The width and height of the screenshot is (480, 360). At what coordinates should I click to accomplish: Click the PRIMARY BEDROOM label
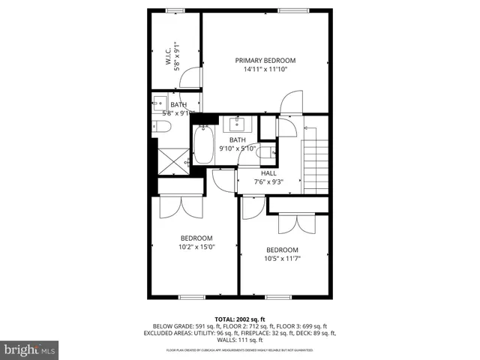point(265,61)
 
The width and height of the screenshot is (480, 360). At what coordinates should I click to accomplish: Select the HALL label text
point(268,173)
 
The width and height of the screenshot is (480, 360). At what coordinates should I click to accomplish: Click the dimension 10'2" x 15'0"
point(196,246)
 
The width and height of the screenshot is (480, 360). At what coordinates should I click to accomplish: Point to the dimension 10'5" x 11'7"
point(282,259)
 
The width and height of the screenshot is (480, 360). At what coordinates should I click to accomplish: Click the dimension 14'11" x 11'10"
point(265,70)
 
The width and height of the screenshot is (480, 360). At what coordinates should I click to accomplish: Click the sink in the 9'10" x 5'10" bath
point(237,123)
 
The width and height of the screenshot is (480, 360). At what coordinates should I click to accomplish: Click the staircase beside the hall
point(316,160)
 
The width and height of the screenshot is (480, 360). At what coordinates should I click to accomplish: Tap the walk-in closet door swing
point(192,77)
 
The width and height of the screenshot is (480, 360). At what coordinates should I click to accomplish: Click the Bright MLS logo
point(30,350)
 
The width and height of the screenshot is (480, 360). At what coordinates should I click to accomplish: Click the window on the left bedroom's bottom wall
point(191,297)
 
